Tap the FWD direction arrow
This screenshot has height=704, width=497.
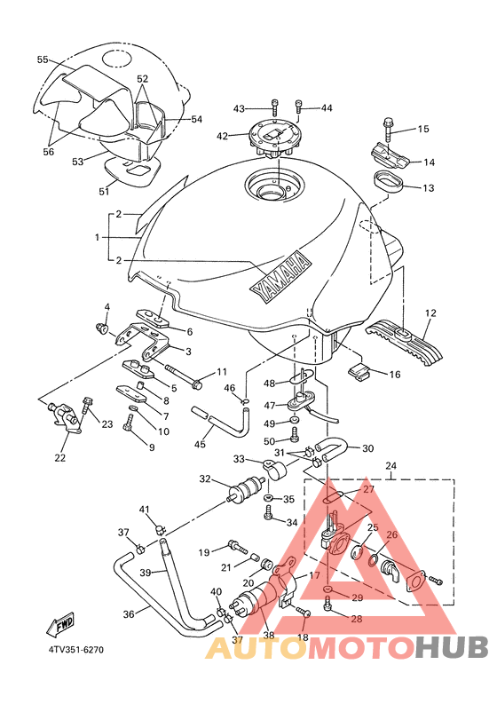[59, 623]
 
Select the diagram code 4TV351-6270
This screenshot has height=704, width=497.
[76, 650]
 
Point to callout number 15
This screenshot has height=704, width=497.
[423, 129]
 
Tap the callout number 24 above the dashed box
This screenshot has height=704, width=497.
[391, 466]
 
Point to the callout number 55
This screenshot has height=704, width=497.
[43, 59]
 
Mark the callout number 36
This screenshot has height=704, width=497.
[129, 613]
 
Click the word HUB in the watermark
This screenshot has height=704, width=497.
[451, 648]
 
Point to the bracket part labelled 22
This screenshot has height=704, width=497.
[64, 417]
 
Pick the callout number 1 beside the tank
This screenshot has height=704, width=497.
[98, 238]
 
